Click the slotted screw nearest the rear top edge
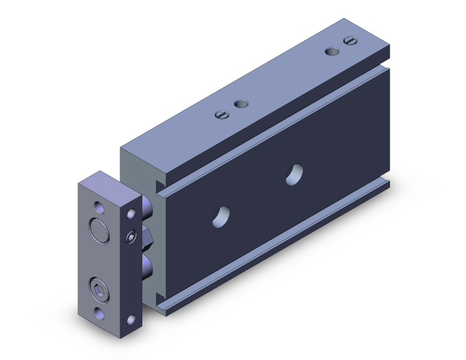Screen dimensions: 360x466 (x=349, y=42)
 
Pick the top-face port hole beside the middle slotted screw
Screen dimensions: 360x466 (x=239, y=104)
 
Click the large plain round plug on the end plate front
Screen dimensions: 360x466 (x=98, y=229)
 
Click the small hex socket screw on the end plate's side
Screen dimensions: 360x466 (x=130, y=237)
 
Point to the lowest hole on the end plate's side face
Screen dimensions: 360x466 (x=132, y=321)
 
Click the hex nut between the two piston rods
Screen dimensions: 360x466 (x=148, y=236)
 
